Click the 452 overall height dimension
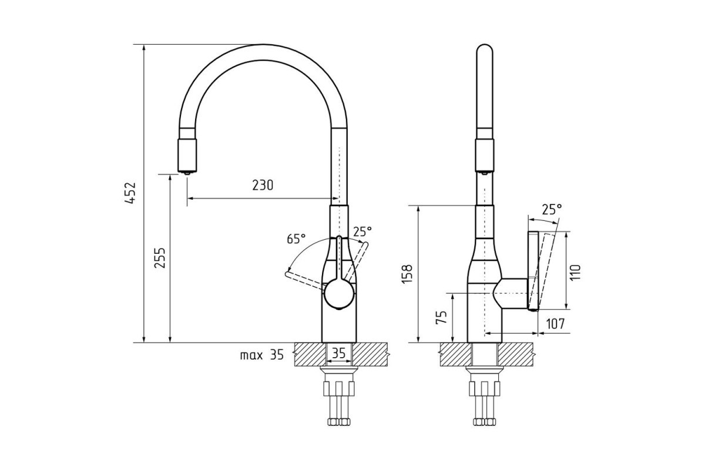pyautogui.click(x=130, y=193)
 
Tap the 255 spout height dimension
pyautogui.click(x=160, y=258)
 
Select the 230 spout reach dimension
pyautogui.click(x=263, y=185)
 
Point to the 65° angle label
pyautogui.click(x=296, y=239)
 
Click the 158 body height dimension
pyautogui.click(x=407, y=274)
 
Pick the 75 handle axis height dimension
pyautogui.click(x=441, y=317)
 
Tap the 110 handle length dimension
pyautogui.click(x=575, y=273)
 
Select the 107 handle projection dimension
pyautogui.click(x=555, y=324)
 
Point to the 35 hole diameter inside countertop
pyautogui.click(x=338, y=354)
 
